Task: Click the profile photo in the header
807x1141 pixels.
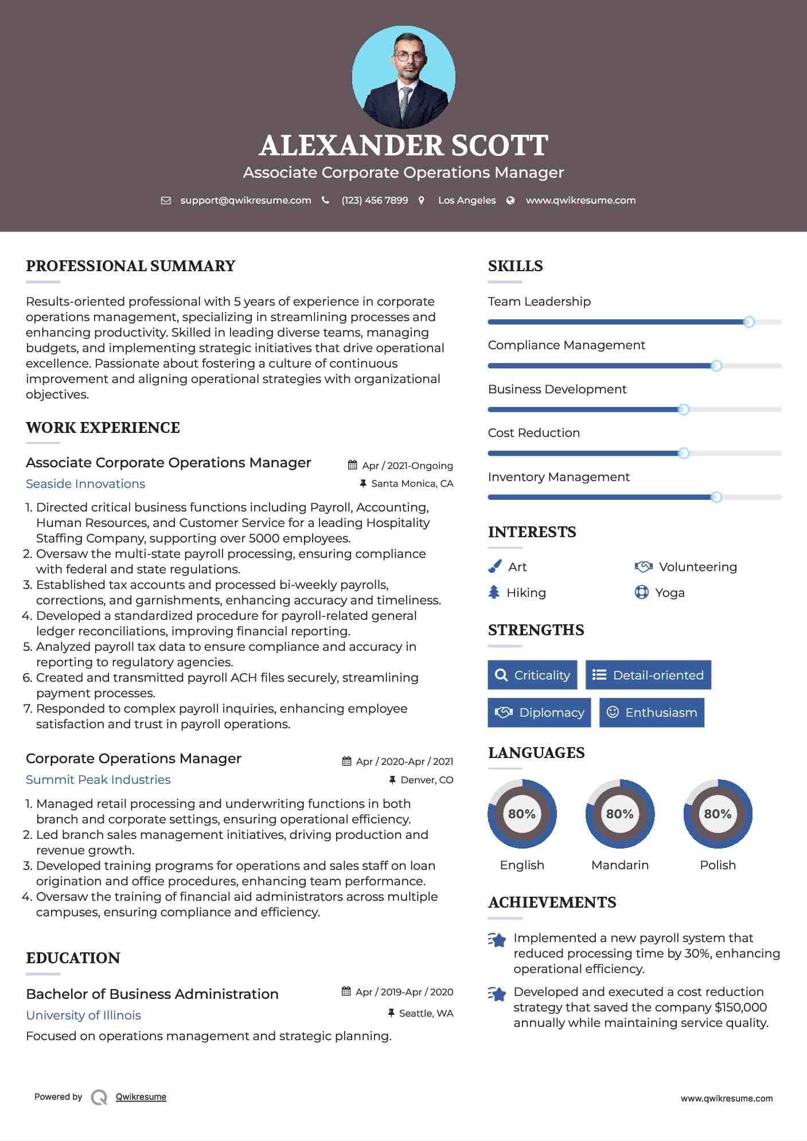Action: click(x=403, y=77)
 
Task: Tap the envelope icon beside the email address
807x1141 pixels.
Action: click(x=166, y=201)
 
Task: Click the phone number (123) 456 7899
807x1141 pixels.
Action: click(x=375, y=201)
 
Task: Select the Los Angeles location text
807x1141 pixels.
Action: click(x=467, y=201)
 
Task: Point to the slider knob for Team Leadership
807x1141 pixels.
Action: click(x=748, y=322)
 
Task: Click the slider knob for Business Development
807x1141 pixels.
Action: click(x=684, y=409)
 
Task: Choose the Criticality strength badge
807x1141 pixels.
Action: click(x=532, y=675)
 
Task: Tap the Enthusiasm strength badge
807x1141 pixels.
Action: click(x=652, y=713)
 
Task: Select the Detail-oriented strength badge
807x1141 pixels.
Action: click(x=648, y=675)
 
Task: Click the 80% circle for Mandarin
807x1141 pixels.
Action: click(x=619, y=814)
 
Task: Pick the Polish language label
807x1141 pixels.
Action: click(x=718, y=865)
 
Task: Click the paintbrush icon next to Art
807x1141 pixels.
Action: click(x=494, y=567)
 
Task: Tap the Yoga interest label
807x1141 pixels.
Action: click(x=670, y=593)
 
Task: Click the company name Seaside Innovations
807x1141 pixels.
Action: click(x=85, y=484)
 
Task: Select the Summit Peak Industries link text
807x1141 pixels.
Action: click(x=98, y=780)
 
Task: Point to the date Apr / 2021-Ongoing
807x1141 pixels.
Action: click(x=407, y=466)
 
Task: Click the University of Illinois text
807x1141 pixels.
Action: click(x=83, y=1015)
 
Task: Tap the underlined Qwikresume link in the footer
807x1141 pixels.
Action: click(x=141, y=1097)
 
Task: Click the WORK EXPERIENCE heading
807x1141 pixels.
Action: click(x=103, y=428)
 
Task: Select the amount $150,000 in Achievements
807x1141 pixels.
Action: click(x=740, y=1007)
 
